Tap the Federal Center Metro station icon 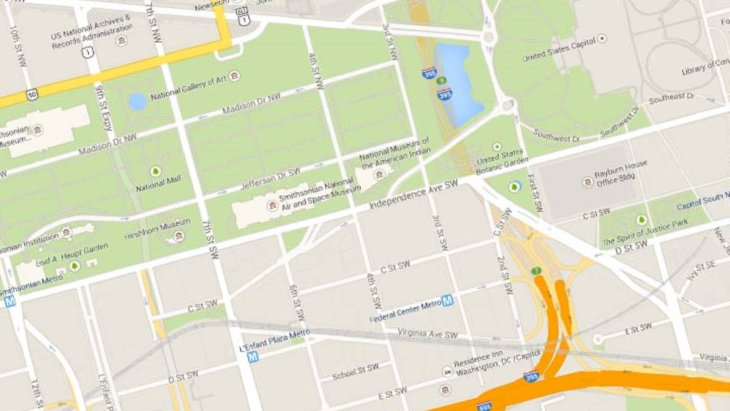(x=447, y=300)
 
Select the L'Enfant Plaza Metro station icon (x=252, y=357)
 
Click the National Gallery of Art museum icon (x=234, y=76)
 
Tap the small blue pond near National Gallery (x=137, y=102)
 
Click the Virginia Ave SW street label (x=427, y=334)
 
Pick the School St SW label (x=356, y=371)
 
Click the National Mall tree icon (x=155, y=171)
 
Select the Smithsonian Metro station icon (x=10, y=301)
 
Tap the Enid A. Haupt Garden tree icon (x=74, y=265)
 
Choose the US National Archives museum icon (x=122, y=41)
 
